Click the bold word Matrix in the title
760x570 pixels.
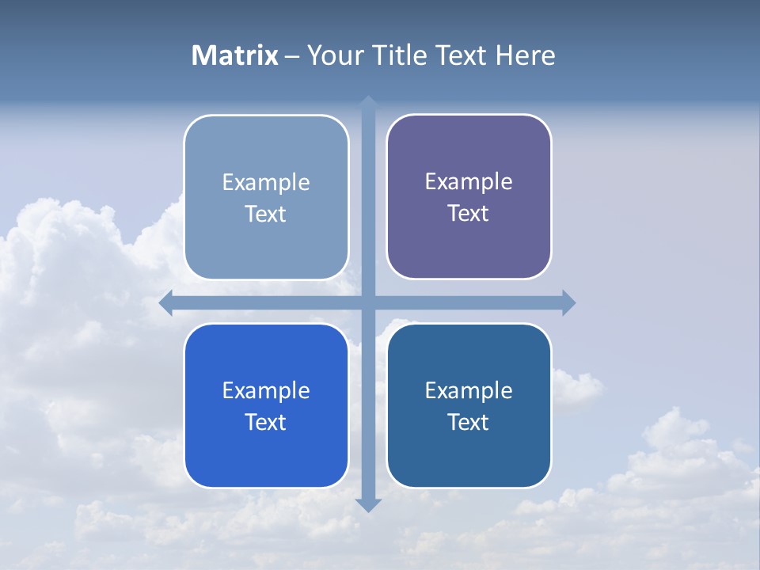pos(235,55)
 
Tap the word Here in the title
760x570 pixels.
pos(526,55)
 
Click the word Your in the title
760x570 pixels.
pos(335,55)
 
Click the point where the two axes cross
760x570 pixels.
pos(368,302)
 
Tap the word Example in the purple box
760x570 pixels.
pos(469,182)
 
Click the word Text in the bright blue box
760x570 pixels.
pos(266,422)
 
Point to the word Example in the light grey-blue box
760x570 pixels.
pos(266,183)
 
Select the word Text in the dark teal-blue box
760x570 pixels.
pos(469,422)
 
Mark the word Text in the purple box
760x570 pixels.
pos(469,213)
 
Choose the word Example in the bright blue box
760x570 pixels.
pos(266,391)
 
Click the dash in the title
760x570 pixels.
pos(292,56)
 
